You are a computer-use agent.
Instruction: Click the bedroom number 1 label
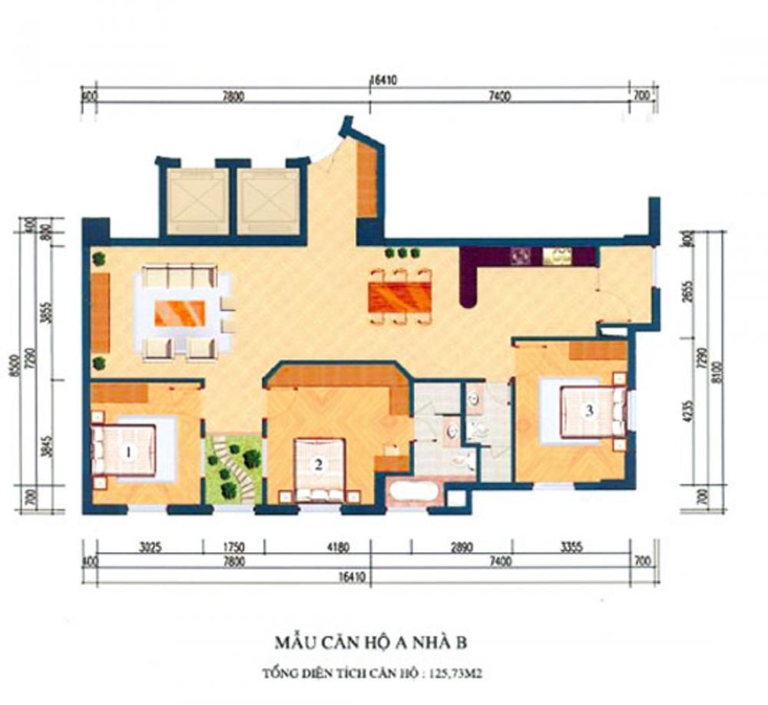click(x=128, y=452)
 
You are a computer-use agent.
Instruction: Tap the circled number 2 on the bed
click(x=316, y=463)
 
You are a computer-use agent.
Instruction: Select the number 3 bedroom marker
click(x=589, y=410)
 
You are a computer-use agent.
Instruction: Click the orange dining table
click(x=399, y=296)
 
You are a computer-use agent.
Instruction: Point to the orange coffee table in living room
click(x=180, y=313)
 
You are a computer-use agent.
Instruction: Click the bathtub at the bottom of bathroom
click(x=414, y=492)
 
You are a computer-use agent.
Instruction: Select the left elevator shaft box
click(x=198, y=201)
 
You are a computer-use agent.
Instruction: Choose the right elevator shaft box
click(x=267, y=201)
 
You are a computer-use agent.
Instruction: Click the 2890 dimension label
click(x=462, y=548)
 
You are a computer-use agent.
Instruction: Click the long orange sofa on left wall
click(x=100, y=313)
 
